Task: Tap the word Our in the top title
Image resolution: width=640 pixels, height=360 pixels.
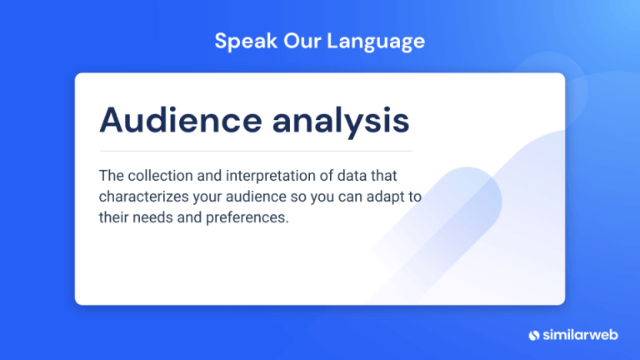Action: tap(294, 41)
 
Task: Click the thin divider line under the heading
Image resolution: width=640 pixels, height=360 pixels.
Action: tap(256, 151)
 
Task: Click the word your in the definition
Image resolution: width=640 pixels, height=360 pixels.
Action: tap(204, 197)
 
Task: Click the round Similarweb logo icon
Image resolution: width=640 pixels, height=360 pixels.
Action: tap(536, 335)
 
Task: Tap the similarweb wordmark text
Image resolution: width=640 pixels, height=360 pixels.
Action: tap(582, 335)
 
